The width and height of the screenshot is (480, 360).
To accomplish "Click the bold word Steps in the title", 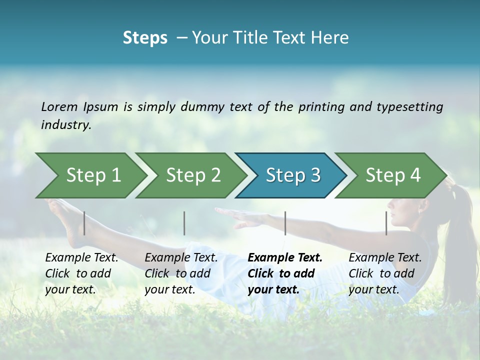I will (145, 38).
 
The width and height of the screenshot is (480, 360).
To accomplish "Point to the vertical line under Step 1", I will (84, 223).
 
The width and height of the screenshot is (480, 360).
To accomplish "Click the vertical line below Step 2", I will (184, 223).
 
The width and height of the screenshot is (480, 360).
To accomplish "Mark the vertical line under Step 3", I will (285, 223).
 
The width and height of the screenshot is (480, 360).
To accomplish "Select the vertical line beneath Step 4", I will (386, 223).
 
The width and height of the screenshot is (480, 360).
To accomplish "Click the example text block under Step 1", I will (81, 273).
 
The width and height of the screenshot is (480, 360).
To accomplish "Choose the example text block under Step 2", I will (181, 273).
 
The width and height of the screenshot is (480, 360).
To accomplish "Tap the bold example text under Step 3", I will (285, 273).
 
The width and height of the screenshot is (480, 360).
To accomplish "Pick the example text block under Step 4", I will (385, 273).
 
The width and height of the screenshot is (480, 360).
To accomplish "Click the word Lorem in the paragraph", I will (59, 106).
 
